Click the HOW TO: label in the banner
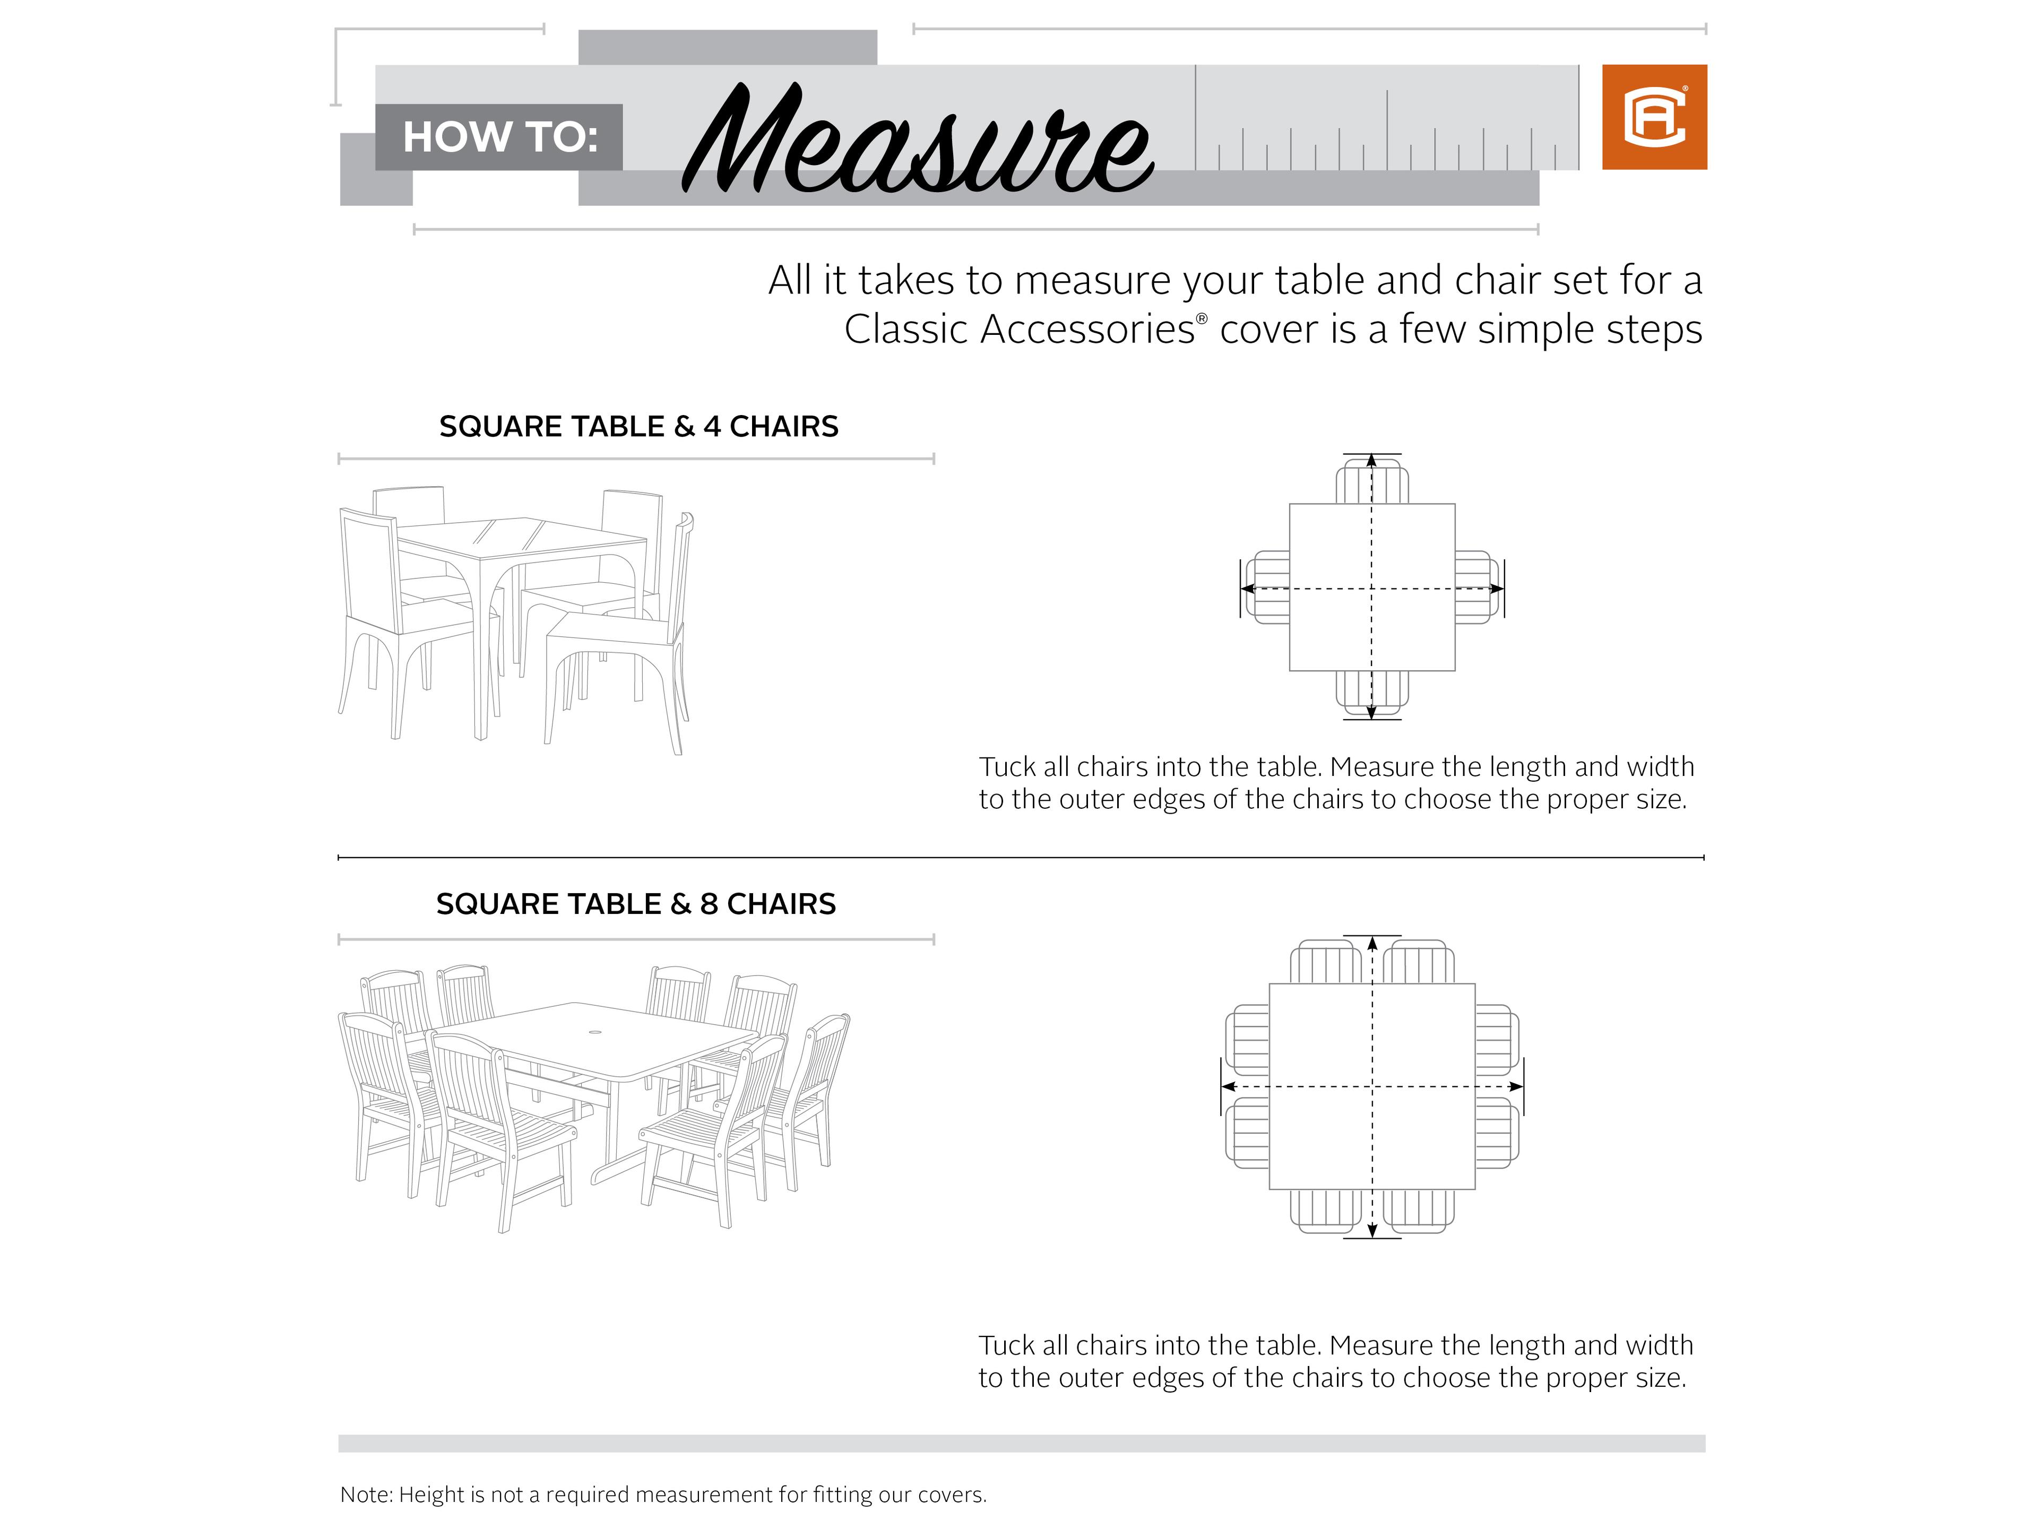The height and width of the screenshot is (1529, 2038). [499, 137]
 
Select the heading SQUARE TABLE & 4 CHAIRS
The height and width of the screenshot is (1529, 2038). [638, 427]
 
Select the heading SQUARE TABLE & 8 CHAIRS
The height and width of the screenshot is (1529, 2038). [636, 904]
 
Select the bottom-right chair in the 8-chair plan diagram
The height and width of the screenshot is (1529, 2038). [1418, 1211]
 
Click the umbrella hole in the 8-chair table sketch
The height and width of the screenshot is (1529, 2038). [595, 1032]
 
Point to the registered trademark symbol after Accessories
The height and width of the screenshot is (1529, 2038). [1202, 318]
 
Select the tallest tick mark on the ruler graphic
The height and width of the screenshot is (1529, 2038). [1196, 117]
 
